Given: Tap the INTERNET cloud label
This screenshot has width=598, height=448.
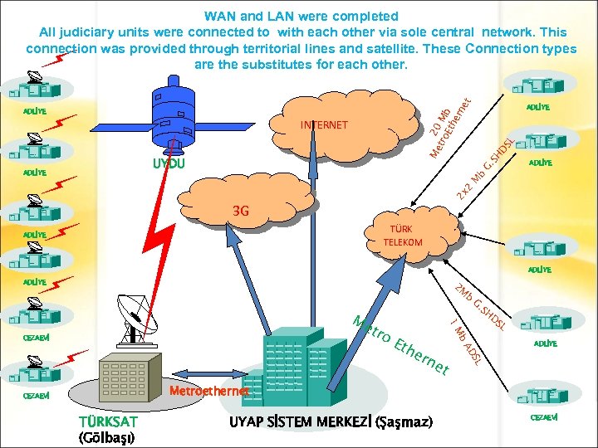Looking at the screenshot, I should (324, 125).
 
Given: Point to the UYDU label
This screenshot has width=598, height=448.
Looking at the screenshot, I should (169, 164).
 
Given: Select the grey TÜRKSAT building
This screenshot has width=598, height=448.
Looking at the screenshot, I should (129, 378).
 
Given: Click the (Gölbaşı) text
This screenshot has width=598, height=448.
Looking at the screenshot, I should (107, 437).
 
